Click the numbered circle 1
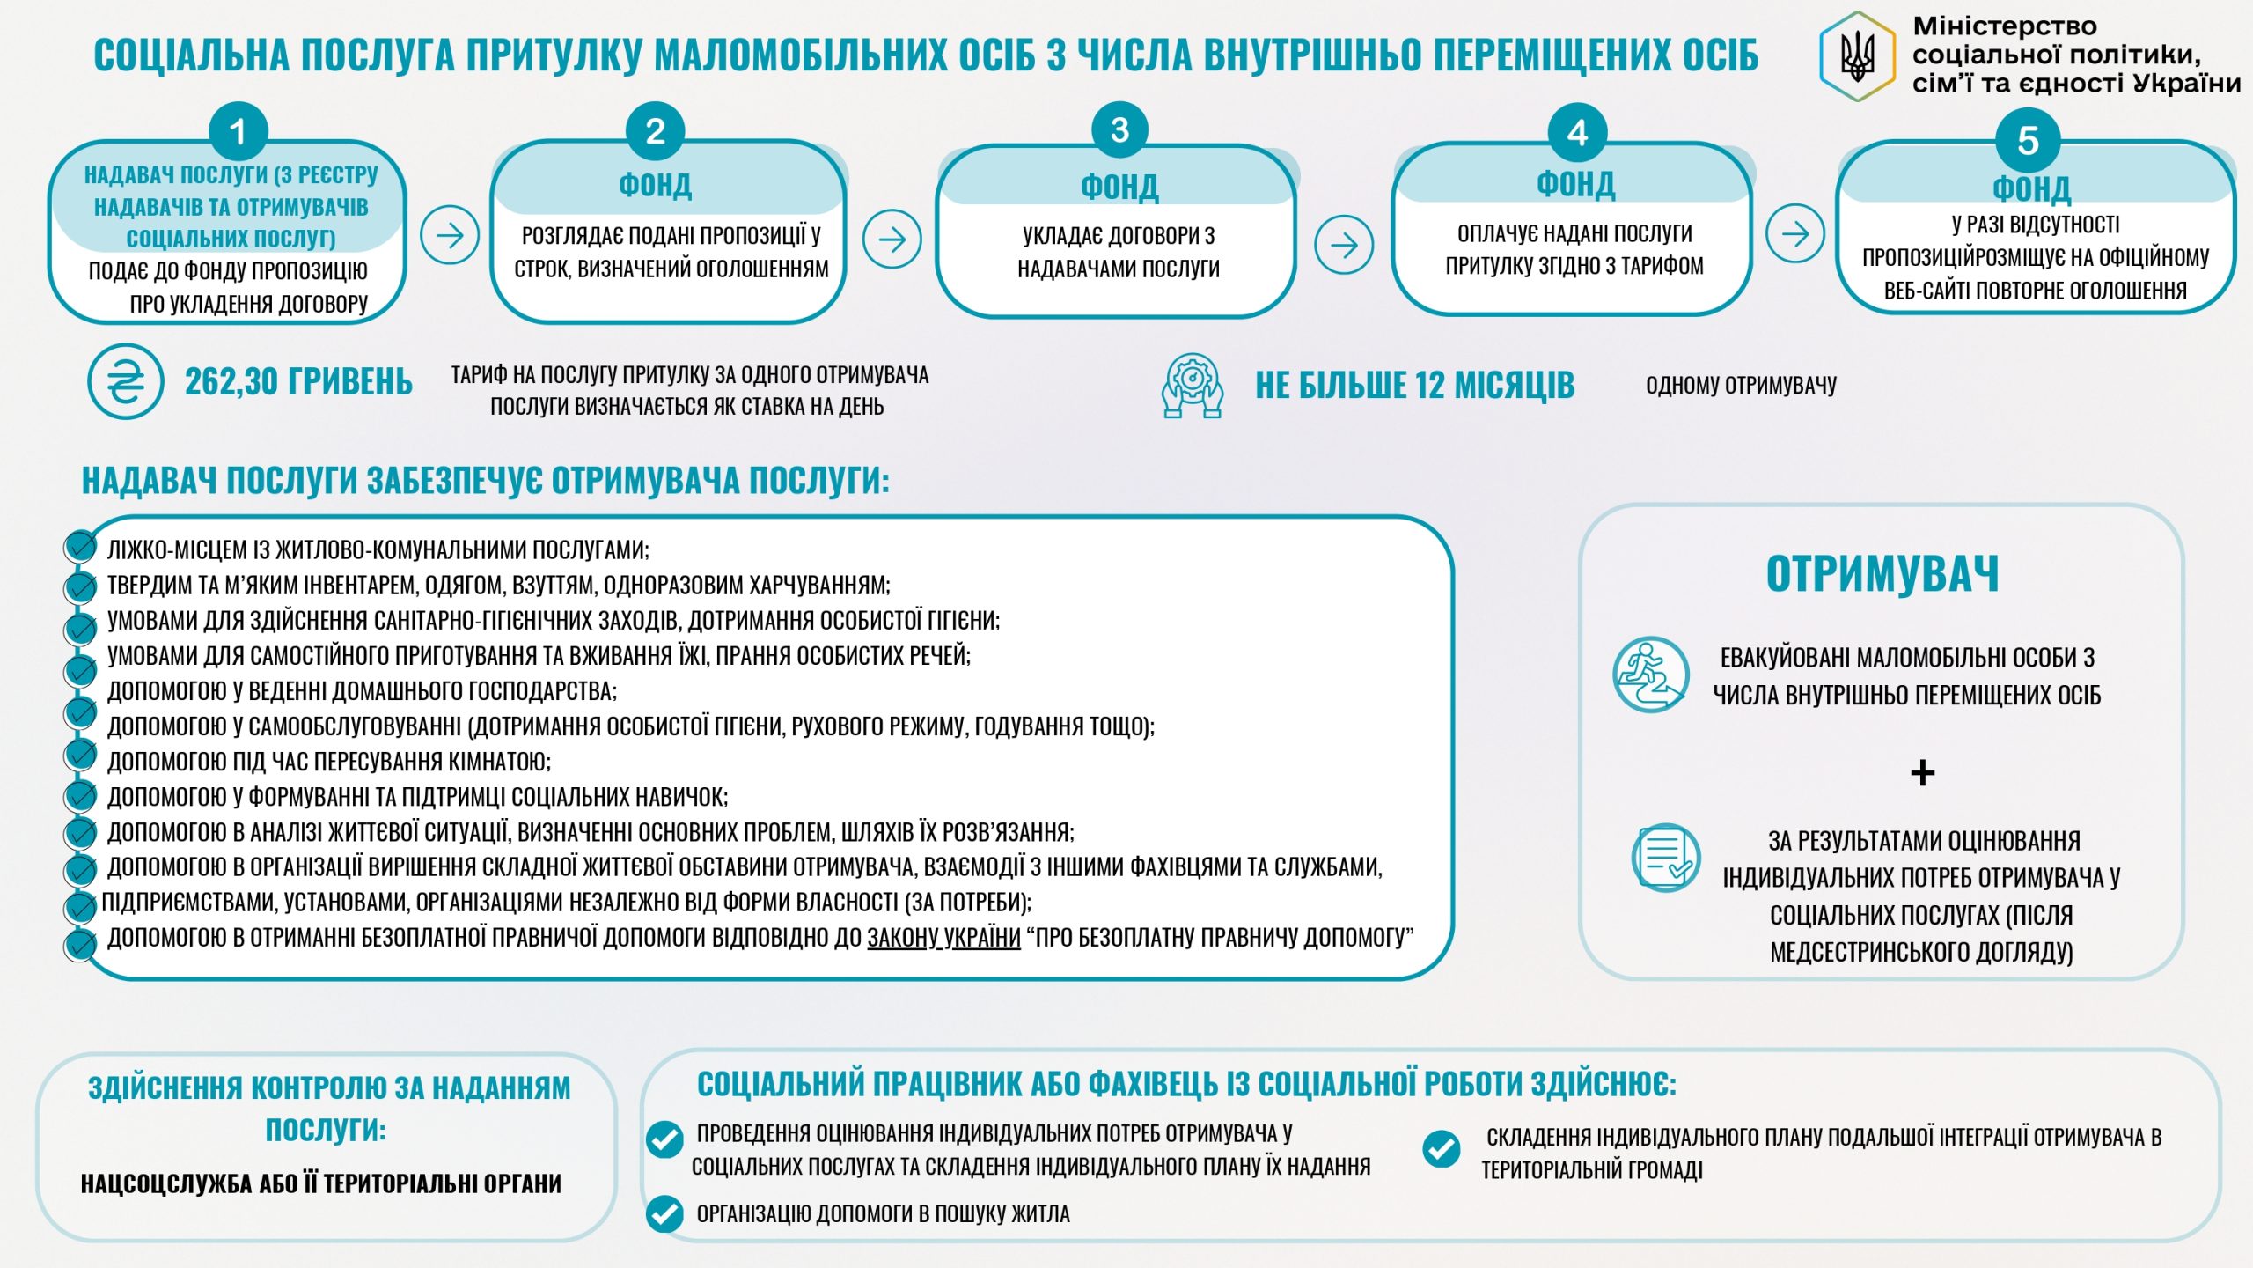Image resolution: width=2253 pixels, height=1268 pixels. tap(238, 133)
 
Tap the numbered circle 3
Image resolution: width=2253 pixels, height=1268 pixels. tap(1119, 130)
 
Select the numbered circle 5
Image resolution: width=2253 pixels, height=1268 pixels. tap(2028, 141)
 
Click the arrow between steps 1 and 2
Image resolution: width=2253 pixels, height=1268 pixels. tap(450, 235)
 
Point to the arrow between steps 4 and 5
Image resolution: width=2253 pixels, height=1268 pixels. tap(1794, 233)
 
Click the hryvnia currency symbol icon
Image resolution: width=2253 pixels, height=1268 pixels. tap(126, 381)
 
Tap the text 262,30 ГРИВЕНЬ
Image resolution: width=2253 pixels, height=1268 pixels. tap(298, 382)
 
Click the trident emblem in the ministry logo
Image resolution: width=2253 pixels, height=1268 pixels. tap(1857, 56)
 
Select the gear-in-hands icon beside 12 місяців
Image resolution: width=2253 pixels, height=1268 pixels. tap(1192, 386)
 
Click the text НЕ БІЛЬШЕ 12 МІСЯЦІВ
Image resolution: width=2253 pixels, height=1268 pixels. tap(1414, 386)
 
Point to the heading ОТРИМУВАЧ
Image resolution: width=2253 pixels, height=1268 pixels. tap(1882, 574)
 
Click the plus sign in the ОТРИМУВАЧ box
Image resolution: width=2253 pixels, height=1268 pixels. tap(1922, 773)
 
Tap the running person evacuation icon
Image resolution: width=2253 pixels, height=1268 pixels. tap(1650, 675)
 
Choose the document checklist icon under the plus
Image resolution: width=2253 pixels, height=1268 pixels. tap(1665, 858)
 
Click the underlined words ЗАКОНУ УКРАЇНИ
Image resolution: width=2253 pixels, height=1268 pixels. tap(943, 938)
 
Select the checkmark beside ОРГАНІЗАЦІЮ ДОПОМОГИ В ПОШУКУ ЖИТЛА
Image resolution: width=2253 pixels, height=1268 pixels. tap(664, 1213)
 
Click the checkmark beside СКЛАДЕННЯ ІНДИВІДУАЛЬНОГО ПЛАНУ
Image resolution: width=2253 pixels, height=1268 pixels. tap(1442, 1148)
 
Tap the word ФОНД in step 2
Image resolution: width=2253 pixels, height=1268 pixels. tap(655, 185)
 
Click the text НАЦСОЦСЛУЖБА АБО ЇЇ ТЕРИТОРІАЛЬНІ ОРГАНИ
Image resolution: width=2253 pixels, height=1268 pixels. tap(321, 1183)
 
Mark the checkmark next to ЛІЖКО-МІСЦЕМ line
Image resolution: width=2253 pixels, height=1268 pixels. tap(80, 547)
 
